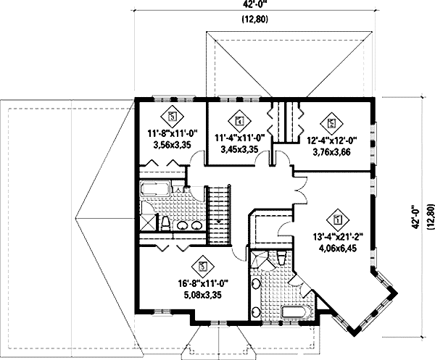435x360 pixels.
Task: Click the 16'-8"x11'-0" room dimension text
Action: tap(203, 285)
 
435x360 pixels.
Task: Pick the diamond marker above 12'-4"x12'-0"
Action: tap(332, 122)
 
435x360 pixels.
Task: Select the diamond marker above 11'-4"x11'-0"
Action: tap(239, 120)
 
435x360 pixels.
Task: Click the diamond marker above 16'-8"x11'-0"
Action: tap(203, 266)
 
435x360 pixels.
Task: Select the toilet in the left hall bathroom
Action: tap(165, 223)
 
